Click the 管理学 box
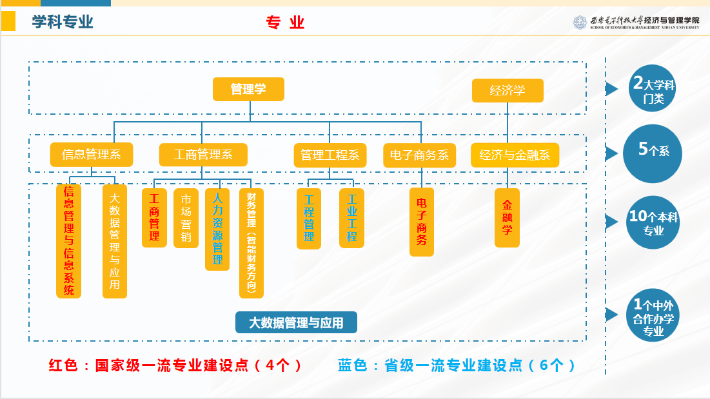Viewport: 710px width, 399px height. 248,89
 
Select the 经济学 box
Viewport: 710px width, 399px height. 508,90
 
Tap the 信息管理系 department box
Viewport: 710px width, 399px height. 92,155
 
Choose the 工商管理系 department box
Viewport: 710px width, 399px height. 203,155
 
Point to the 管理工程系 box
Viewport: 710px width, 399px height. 330,155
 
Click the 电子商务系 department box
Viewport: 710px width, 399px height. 419,155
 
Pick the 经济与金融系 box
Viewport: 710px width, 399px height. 515,155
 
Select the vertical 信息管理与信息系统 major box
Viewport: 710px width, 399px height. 69,241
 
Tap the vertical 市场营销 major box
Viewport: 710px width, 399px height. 186,218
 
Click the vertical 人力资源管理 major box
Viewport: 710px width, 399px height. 217,229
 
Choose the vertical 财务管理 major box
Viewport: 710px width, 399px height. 251,243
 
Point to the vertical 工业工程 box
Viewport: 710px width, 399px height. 352,218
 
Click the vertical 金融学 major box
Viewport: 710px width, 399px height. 507,218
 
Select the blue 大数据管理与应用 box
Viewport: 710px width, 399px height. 296,322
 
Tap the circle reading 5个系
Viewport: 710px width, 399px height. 653,154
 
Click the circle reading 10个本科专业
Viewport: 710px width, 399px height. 653,222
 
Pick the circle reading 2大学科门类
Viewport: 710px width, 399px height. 652,88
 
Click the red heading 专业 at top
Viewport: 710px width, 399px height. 285,22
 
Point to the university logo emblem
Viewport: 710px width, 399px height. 580,22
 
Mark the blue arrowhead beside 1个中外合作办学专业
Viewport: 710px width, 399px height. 612,315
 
